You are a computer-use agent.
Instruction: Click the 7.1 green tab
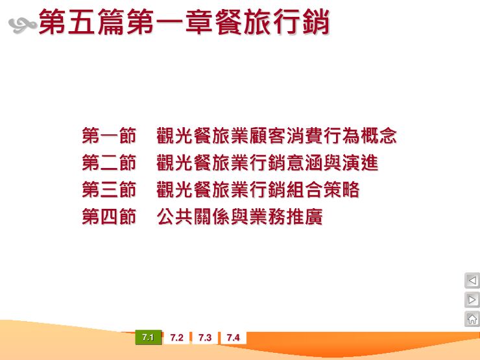point(148,338)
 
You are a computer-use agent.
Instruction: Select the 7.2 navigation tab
point(176,338)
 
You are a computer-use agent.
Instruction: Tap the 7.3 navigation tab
point(205,338)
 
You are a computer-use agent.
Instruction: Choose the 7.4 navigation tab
point(234,338)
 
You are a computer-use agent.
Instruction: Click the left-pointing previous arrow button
point(472,281)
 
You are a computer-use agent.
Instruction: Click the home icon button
point(472,319)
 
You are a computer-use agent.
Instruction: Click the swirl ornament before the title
point(22,25)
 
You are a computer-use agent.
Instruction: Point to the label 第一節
point(109,136)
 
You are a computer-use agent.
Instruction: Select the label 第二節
point(109,163)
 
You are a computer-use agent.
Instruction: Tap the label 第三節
point(109,190)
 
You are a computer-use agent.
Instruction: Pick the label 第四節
point(109,217)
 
